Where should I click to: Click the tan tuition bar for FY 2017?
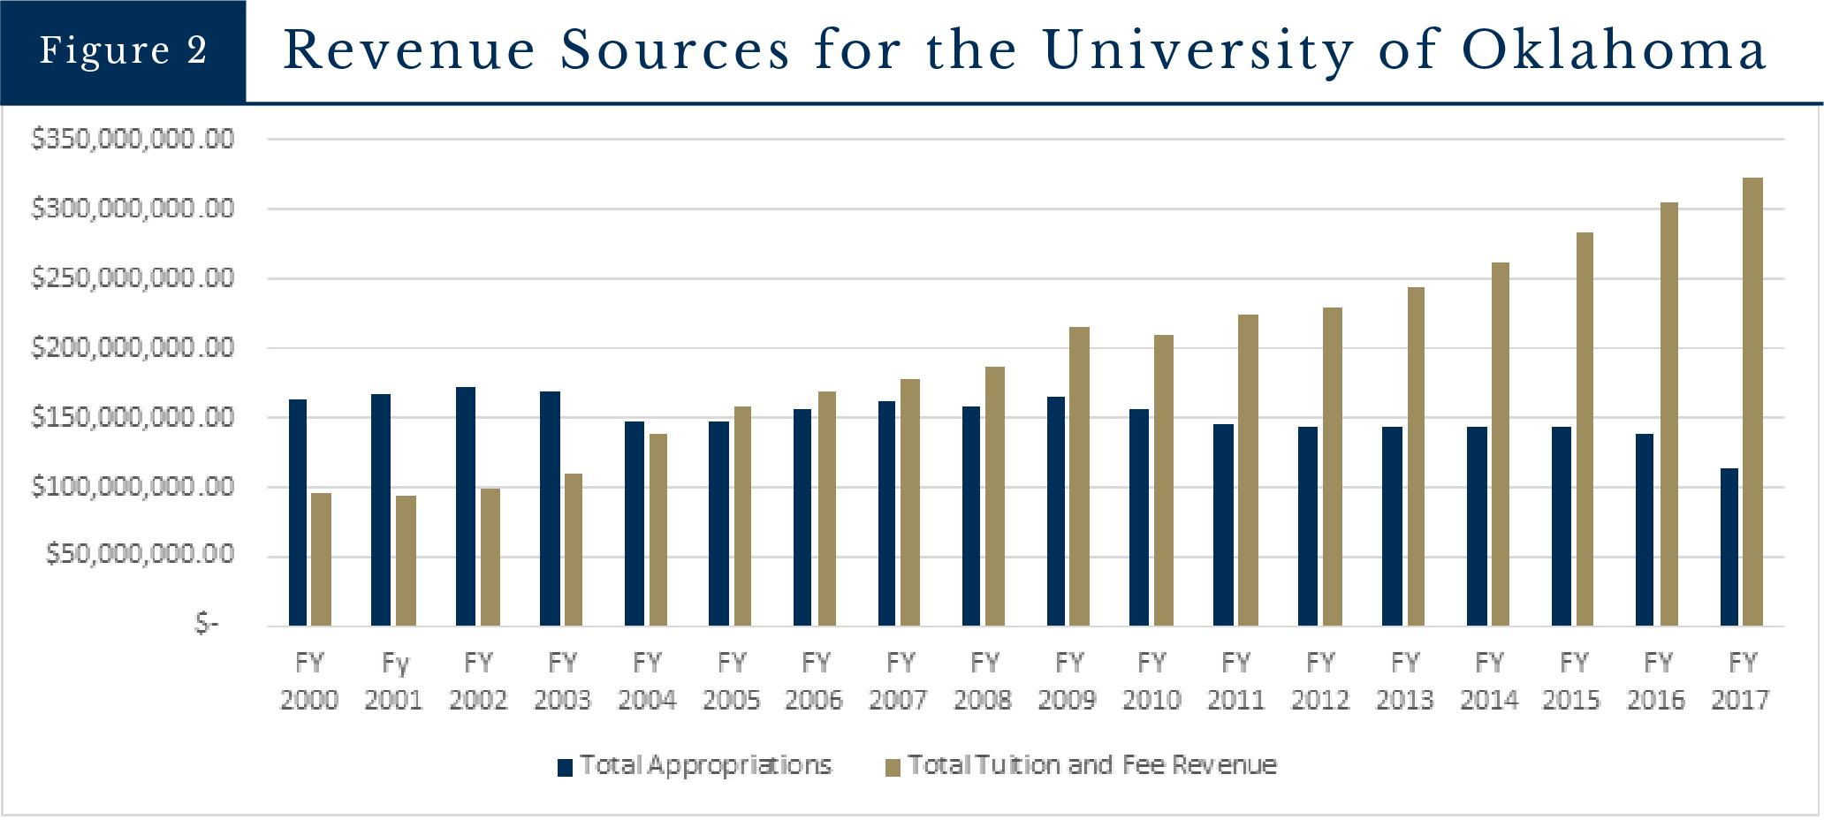(1753, 402)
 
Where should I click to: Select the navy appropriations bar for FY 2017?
(1729, 547)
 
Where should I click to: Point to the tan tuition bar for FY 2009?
(1079, 476)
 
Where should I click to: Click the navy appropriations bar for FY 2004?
(635, 523)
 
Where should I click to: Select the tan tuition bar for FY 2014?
(1501, 444)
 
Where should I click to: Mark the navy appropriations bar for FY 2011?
(1223, 525)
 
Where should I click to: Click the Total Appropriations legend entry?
(695, 765)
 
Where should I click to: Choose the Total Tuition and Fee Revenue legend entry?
(1082, 765)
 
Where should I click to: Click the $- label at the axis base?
(206, 625)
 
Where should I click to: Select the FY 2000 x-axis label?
(308, 681)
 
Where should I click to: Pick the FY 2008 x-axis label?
(983, 681)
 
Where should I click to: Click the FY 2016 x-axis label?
(1657, 681)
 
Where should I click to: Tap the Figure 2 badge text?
(123, 50)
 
